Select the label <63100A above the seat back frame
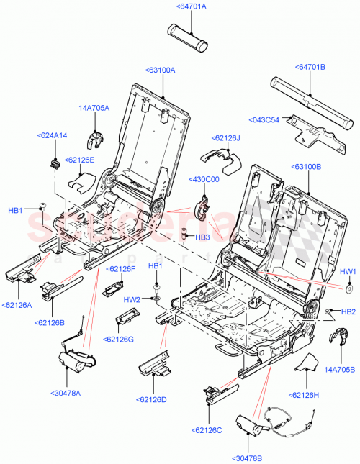(x=163, y=70)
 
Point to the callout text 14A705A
(x=94, y=108)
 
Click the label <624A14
(x=52, y=135)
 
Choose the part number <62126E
(x=80, y=160)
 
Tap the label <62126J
(x=227, y=137)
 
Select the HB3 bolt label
(x=202, y=237)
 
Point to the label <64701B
(x=310, y=66)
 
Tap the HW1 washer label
(x=347, y=271)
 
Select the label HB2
(x=348, y=311)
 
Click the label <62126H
(x=307, y=395)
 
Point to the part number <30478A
(x=66, y=392)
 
